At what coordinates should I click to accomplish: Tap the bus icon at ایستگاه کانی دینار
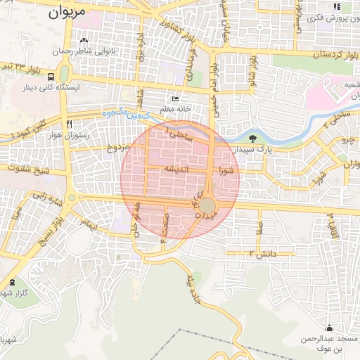52,77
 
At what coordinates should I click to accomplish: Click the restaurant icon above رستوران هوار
69,124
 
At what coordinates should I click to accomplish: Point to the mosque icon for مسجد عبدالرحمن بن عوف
330,328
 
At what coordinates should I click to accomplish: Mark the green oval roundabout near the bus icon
64,74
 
